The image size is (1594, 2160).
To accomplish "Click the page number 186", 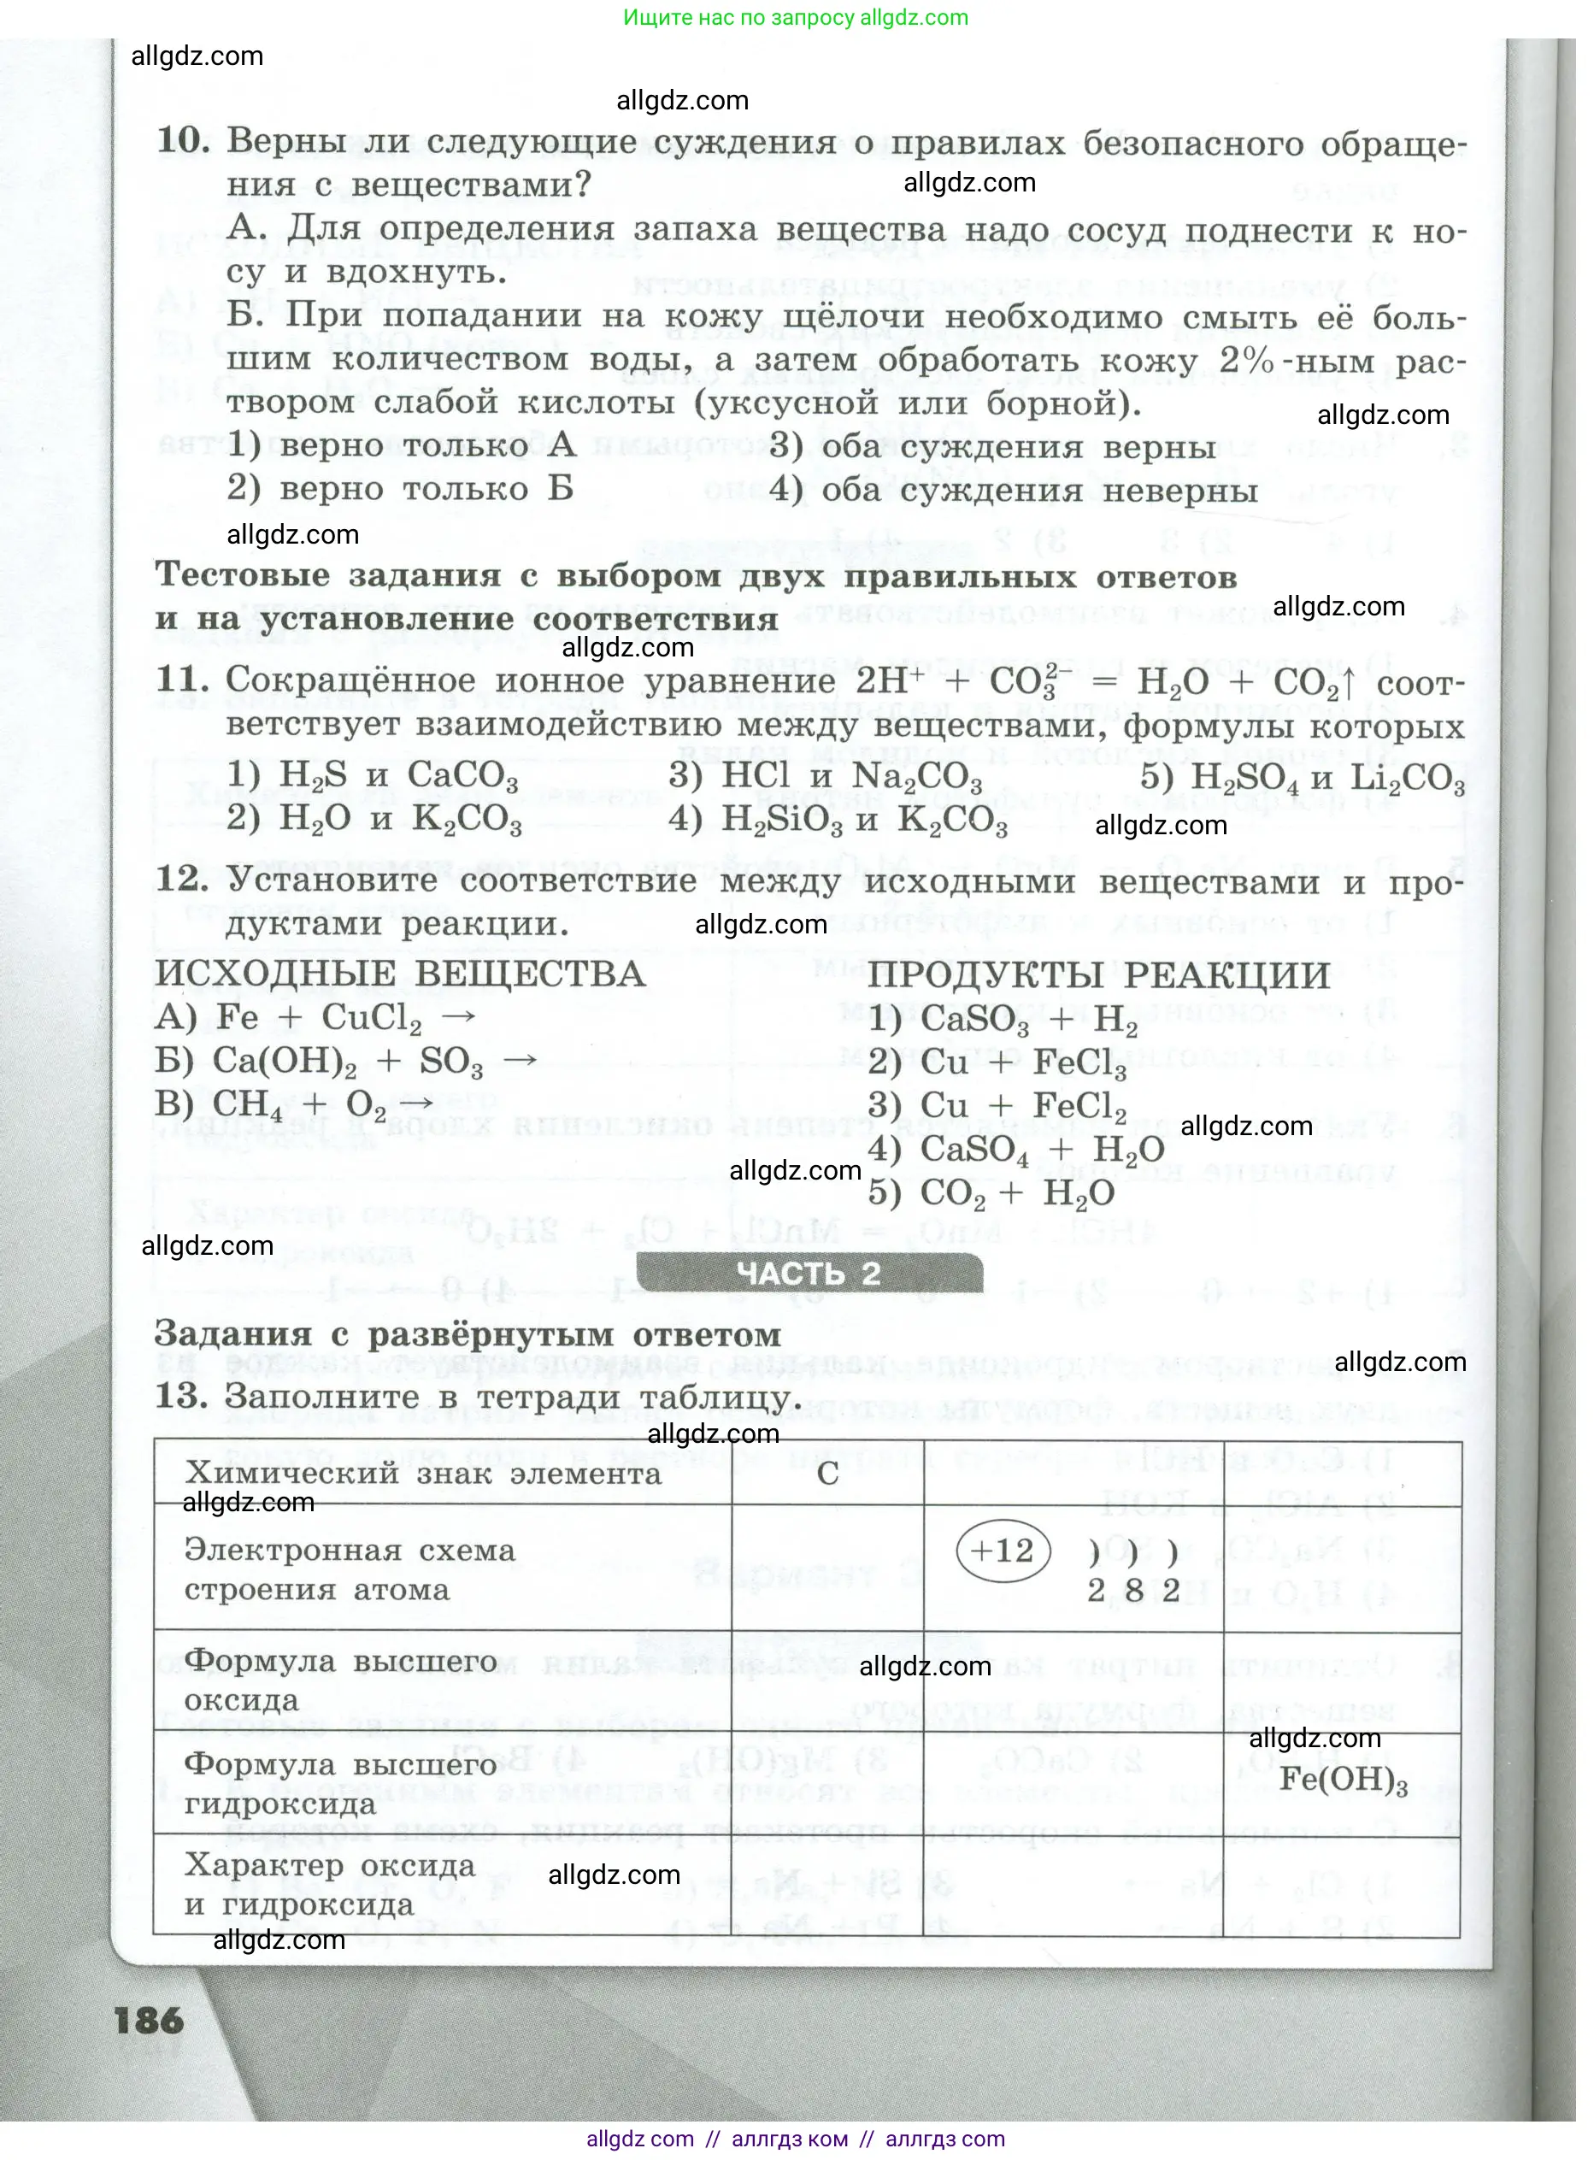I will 149,2020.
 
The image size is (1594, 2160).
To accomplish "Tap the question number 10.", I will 182,141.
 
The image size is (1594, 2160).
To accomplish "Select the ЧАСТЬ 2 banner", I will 809,1274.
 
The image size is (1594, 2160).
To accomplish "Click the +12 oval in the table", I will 1002,1551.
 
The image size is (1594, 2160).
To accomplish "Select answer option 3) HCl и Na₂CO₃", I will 825,775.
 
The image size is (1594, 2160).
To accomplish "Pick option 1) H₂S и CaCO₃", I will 373,774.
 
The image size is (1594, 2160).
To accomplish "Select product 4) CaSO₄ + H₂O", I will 1015,1149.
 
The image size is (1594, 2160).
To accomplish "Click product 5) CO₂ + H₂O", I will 991,1192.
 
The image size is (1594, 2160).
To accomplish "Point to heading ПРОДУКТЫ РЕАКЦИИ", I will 1098,975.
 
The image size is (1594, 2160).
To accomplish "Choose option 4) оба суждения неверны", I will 1013,490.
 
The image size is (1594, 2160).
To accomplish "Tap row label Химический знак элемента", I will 422,1473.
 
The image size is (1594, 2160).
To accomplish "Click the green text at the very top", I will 795,17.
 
